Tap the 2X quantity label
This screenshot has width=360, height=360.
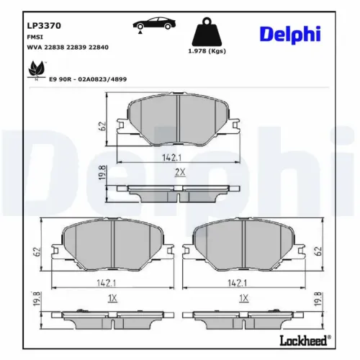pos(180,171)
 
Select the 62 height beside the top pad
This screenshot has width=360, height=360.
pos(103,125)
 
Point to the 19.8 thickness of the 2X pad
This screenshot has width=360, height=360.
pos(103,174)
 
